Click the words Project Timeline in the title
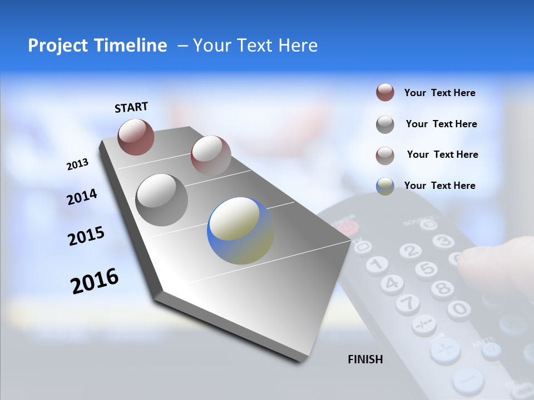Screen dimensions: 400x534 coord(97,46)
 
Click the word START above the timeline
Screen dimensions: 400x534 coord(131,107)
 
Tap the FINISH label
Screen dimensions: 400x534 coord(365,359)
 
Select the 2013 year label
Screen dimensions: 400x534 coord(77,164)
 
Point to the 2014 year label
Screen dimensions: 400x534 coord(82,197)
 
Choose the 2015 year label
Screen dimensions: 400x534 coord(86,236)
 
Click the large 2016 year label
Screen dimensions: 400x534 coord(95,281)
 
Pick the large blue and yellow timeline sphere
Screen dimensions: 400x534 coord(240,231)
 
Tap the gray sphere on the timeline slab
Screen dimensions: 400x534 coord(161,199)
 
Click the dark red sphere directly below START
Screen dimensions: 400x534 coord(136,137)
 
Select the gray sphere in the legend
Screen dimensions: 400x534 coord(385,124)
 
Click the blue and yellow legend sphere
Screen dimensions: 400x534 coord(385,186)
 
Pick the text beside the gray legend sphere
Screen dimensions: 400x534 coord(441,124)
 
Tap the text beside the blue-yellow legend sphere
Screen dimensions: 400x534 coord(439,186)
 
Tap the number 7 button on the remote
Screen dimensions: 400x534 coord(408,303)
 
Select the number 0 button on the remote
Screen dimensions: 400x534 coord(459,308)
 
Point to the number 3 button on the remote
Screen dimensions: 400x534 coord(443,241)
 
